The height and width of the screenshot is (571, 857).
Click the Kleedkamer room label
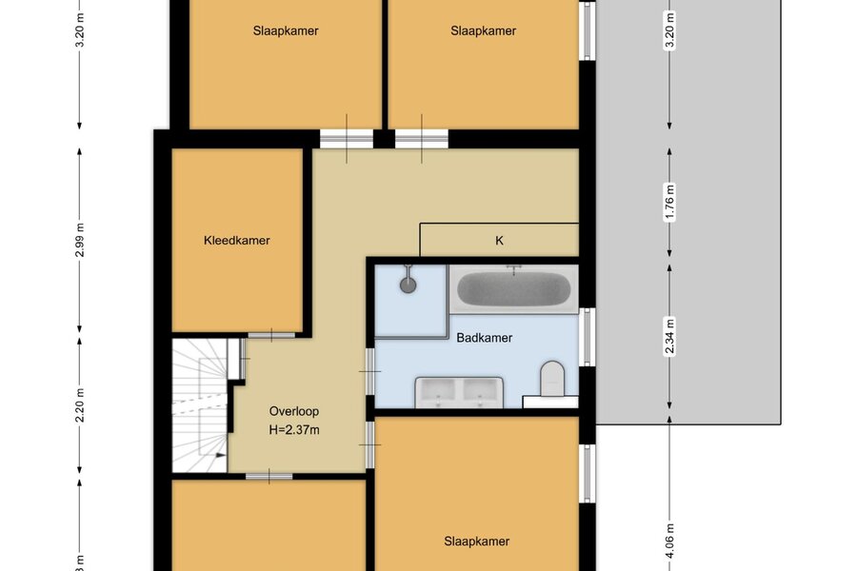pos(237,241)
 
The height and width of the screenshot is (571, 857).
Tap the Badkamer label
pos(485,338)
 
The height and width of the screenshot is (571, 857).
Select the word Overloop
pos(294,411)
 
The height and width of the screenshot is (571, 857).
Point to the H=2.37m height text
pos(294,430)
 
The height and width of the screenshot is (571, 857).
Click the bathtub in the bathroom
pos(513,289)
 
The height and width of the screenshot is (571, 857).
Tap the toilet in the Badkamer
pos(552,378)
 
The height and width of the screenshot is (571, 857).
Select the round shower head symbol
pos(408,285)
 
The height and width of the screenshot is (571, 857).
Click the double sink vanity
pos(459,392)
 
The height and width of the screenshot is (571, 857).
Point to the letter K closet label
pos(499,241)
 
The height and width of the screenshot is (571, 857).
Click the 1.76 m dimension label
pos(669,202)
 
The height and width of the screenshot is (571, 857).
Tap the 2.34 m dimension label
pos(669,336)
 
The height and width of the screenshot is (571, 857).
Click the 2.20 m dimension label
pos(80,405)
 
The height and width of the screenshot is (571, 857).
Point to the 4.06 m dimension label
pos(669,541)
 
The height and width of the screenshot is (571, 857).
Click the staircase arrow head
pos(221,455)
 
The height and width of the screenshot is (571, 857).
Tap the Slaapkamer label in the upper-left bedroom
pos(286,30)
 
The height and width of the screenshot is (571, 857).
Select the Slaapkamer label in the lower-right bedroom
pos(477,541)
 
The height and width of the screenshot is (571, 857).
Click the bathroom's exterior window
pos(588,337)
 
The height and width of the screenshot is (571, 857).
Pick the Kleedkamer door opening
pos(271,334)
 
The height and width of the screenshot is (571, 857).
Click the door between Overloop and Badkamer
pos(370,371)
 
